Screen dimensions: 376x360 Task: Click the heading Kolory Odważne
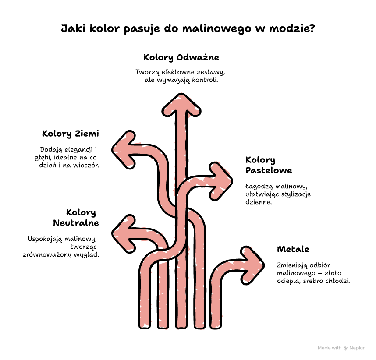(181, 57)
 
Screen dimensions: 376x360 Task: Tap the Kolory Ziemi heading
(70, 134)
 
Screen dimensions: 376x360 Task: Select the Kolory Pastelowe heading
(269, 165)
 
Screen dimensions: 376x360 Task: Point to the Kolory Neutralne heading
(76, 218)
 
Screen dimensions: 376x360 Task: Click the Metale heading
(293, 249)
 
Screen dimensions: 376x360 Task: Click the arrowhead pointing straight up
(181, 106)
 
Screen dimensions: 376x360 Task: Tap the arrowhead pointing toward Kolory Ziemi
(124, 150)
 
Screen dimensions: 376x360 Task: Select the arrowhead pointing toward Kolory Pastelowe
(220, 181)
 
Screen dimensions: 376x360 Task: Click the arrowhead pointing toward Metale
(252, 265)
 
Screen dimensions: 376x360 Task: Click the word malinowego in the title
(217, 28)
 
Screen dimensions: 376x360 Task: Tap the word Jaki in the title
(73, 28)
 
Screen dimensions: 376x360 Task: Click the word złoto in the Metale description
(333, 273)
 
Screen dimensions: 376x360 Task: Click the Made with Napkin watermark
(341, 348)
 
